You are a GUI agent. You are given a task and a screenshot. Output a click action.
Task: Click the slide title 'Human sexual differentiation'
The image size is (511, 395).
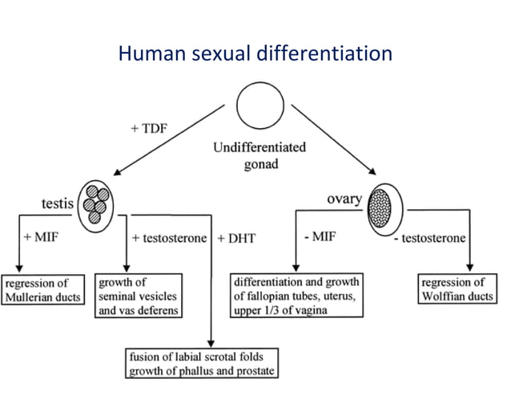255,54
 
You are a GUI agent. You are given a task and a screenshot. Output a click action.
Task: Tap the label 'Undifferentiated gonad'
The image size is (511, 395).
259,155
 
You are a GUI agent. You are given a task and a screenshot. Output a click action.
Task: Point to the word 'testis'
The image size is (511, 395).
57,204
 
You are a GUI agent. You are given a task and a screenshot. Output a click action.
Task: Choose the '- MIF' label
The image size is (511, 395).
321,237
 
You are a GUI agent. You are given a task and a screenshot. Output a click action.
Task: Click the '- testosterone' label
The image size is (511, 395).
434,238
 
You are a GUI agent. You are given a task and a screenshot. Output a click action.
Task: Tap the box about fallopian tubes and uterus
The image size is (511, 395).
296,296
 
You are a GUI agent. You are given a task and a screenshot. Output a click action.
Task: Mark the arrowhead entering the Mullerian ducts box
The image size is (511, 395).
18,271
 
